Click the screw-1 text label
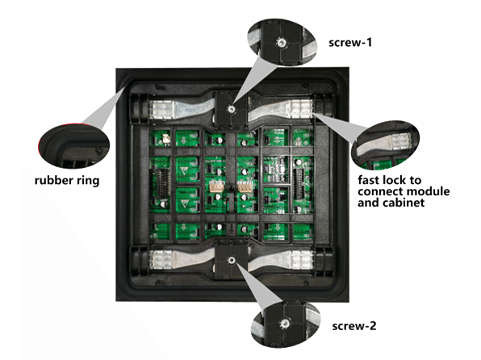(x=350, y=43)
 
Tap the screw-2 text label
(x=354, y=326)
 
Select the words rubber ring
(x=67, y=181)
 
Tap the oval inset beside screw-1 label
(x=282, y=42)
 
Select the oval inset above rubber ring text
(x=74, y=145)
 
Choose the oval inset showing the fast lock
(x=385, y=145)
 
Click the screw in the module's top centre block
(x=231, y=108)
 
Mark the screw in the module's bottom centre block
(x=232, y=261)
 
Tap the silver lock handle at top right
(x=280, y=109)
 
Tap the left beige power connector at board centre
(x=217, y=186)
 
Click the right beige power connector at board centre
(x=245, y=186)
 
